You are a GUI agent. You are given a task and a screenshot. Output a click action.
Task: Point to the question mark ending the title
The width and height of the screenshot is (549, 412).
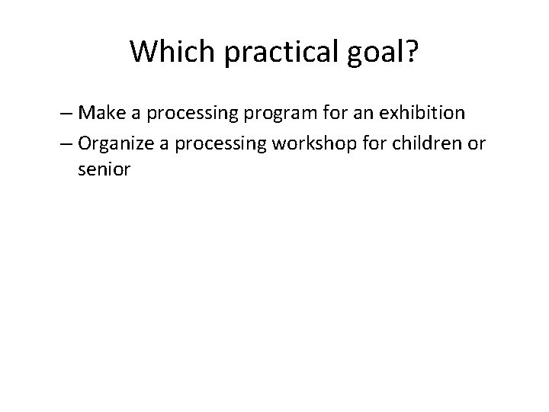[x=412, y=51]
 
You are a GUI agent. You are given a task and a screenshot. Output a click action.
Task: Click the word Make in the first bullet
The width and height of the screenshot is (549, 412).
[x=98, y=114]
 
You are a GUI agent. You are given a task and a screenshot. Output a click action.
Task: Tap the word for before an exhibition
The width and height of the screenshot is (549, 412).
[x=314, y=114]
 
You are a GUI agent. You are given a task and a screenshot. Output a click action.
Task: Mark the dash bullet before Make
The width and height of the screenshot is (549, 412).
[x=66, y=114]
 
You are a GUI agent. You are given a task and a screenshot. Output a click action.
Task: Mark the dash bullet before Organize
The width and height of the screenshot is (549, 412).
[x=66, y=143]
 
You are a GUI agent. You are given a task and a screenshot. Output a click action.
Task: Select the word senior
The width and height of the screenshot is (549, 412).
[x=104, y=170]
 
